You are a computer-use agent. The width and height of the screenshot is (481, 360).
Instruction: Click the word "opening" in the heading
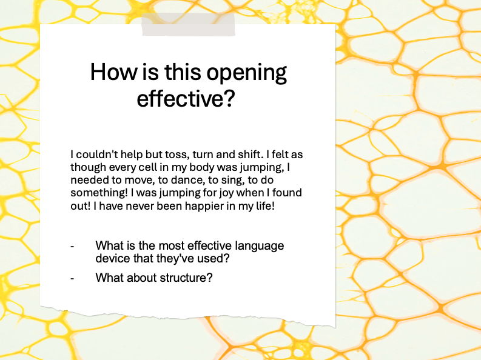(x=247, y=73)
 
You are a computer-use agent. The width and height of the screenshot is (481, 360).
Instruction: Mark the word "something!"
(x=96, y=193)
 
